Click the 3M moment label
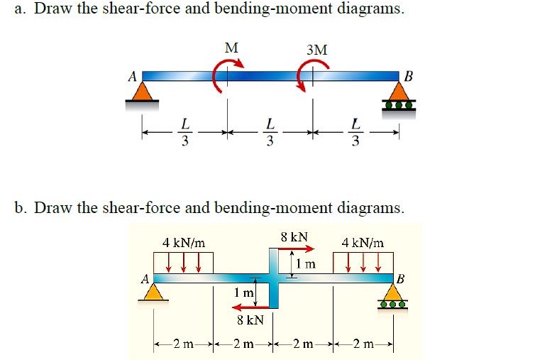317,50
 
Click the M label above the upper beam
231,48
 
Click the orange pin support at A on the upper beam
143,92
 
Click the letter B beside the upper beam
408,77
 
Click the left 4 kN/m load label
184,243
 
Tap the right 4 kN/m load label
363,243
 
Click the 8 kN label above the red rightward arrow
294,236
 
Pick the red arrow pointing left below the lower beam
250,307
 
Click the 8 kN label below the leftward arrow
250,320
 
